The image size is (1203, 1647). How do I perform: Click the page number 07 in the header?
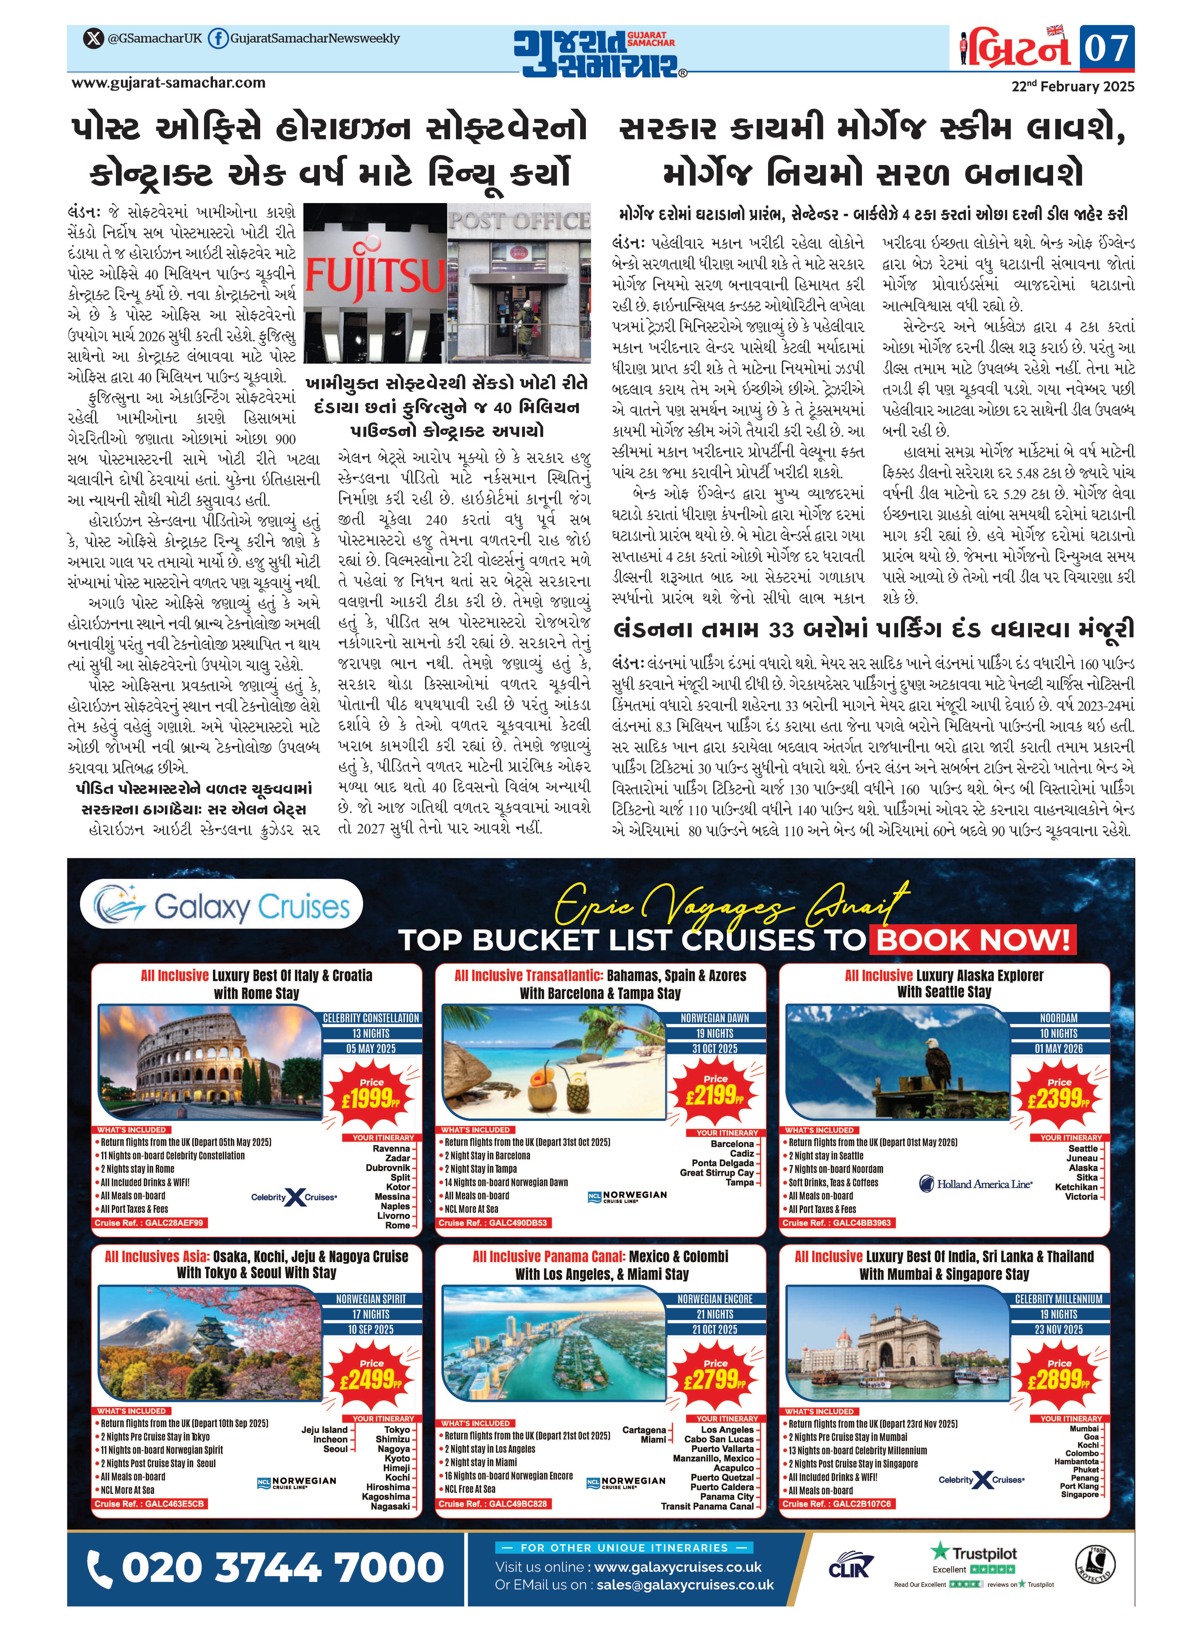[x=1106, y=48]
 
